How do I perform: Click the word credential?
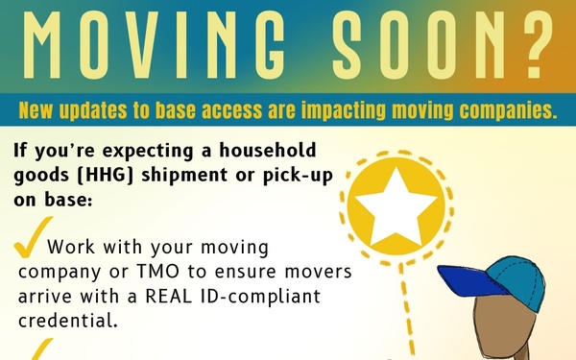tap(69, 320)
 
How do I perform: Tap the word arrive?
tap(48, 296)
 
